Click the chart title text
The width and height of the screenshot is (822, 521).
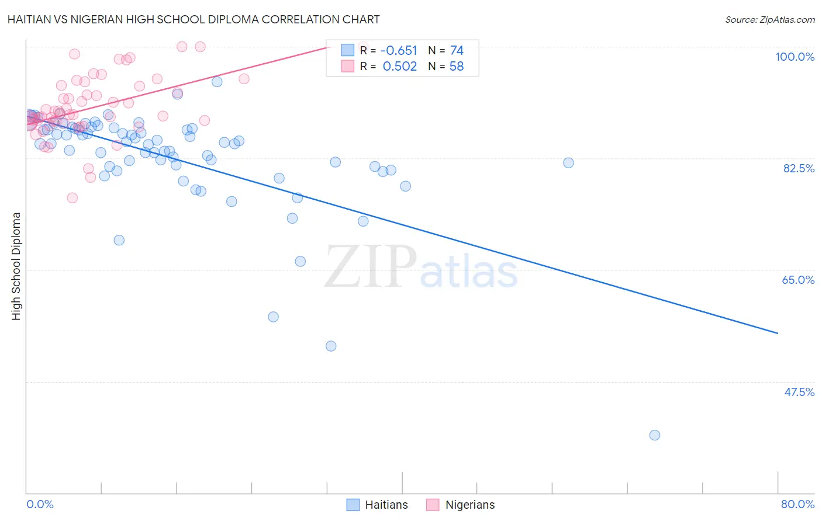[194, 19]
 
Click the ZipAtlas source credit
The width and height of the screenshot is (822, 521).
[769, 19]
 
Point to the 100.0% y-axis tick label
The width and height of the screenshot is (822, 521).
[795, 57]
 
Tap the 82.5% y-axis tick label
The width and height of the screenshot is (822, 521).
[799, 168]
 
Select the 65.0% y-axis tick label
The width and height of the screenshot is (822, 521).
[798, 280]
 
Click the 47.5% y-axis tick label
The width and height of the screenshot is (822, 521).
[799, 392]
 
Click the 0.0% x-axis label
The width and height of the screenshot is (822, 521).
[40, 504]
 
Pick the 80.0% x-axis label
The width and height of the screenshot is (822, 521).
[797, 504]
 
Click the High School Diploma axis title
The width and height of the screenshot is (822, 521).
[16, 266]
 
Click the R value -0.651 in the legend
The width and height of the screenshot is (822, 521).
[399, 51]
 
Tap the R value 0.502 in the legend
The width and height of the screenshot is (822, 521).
[400, 67]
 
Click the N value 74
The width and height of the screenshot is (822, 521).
[457, 51]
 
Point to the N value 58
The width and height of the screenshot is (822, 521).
[457, 67]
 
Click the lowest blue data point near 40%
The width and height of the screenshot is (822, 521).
[655, 435]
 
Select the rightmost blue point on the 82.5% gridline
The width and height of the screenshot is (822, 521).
[568, 163]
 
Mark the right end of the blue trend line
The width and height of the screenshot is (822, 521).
[778, 333]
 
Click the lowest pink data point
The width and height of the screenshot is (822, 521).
[72, 197]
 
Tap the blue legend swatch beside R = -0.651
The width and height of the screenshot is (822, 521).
[348, 50]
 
